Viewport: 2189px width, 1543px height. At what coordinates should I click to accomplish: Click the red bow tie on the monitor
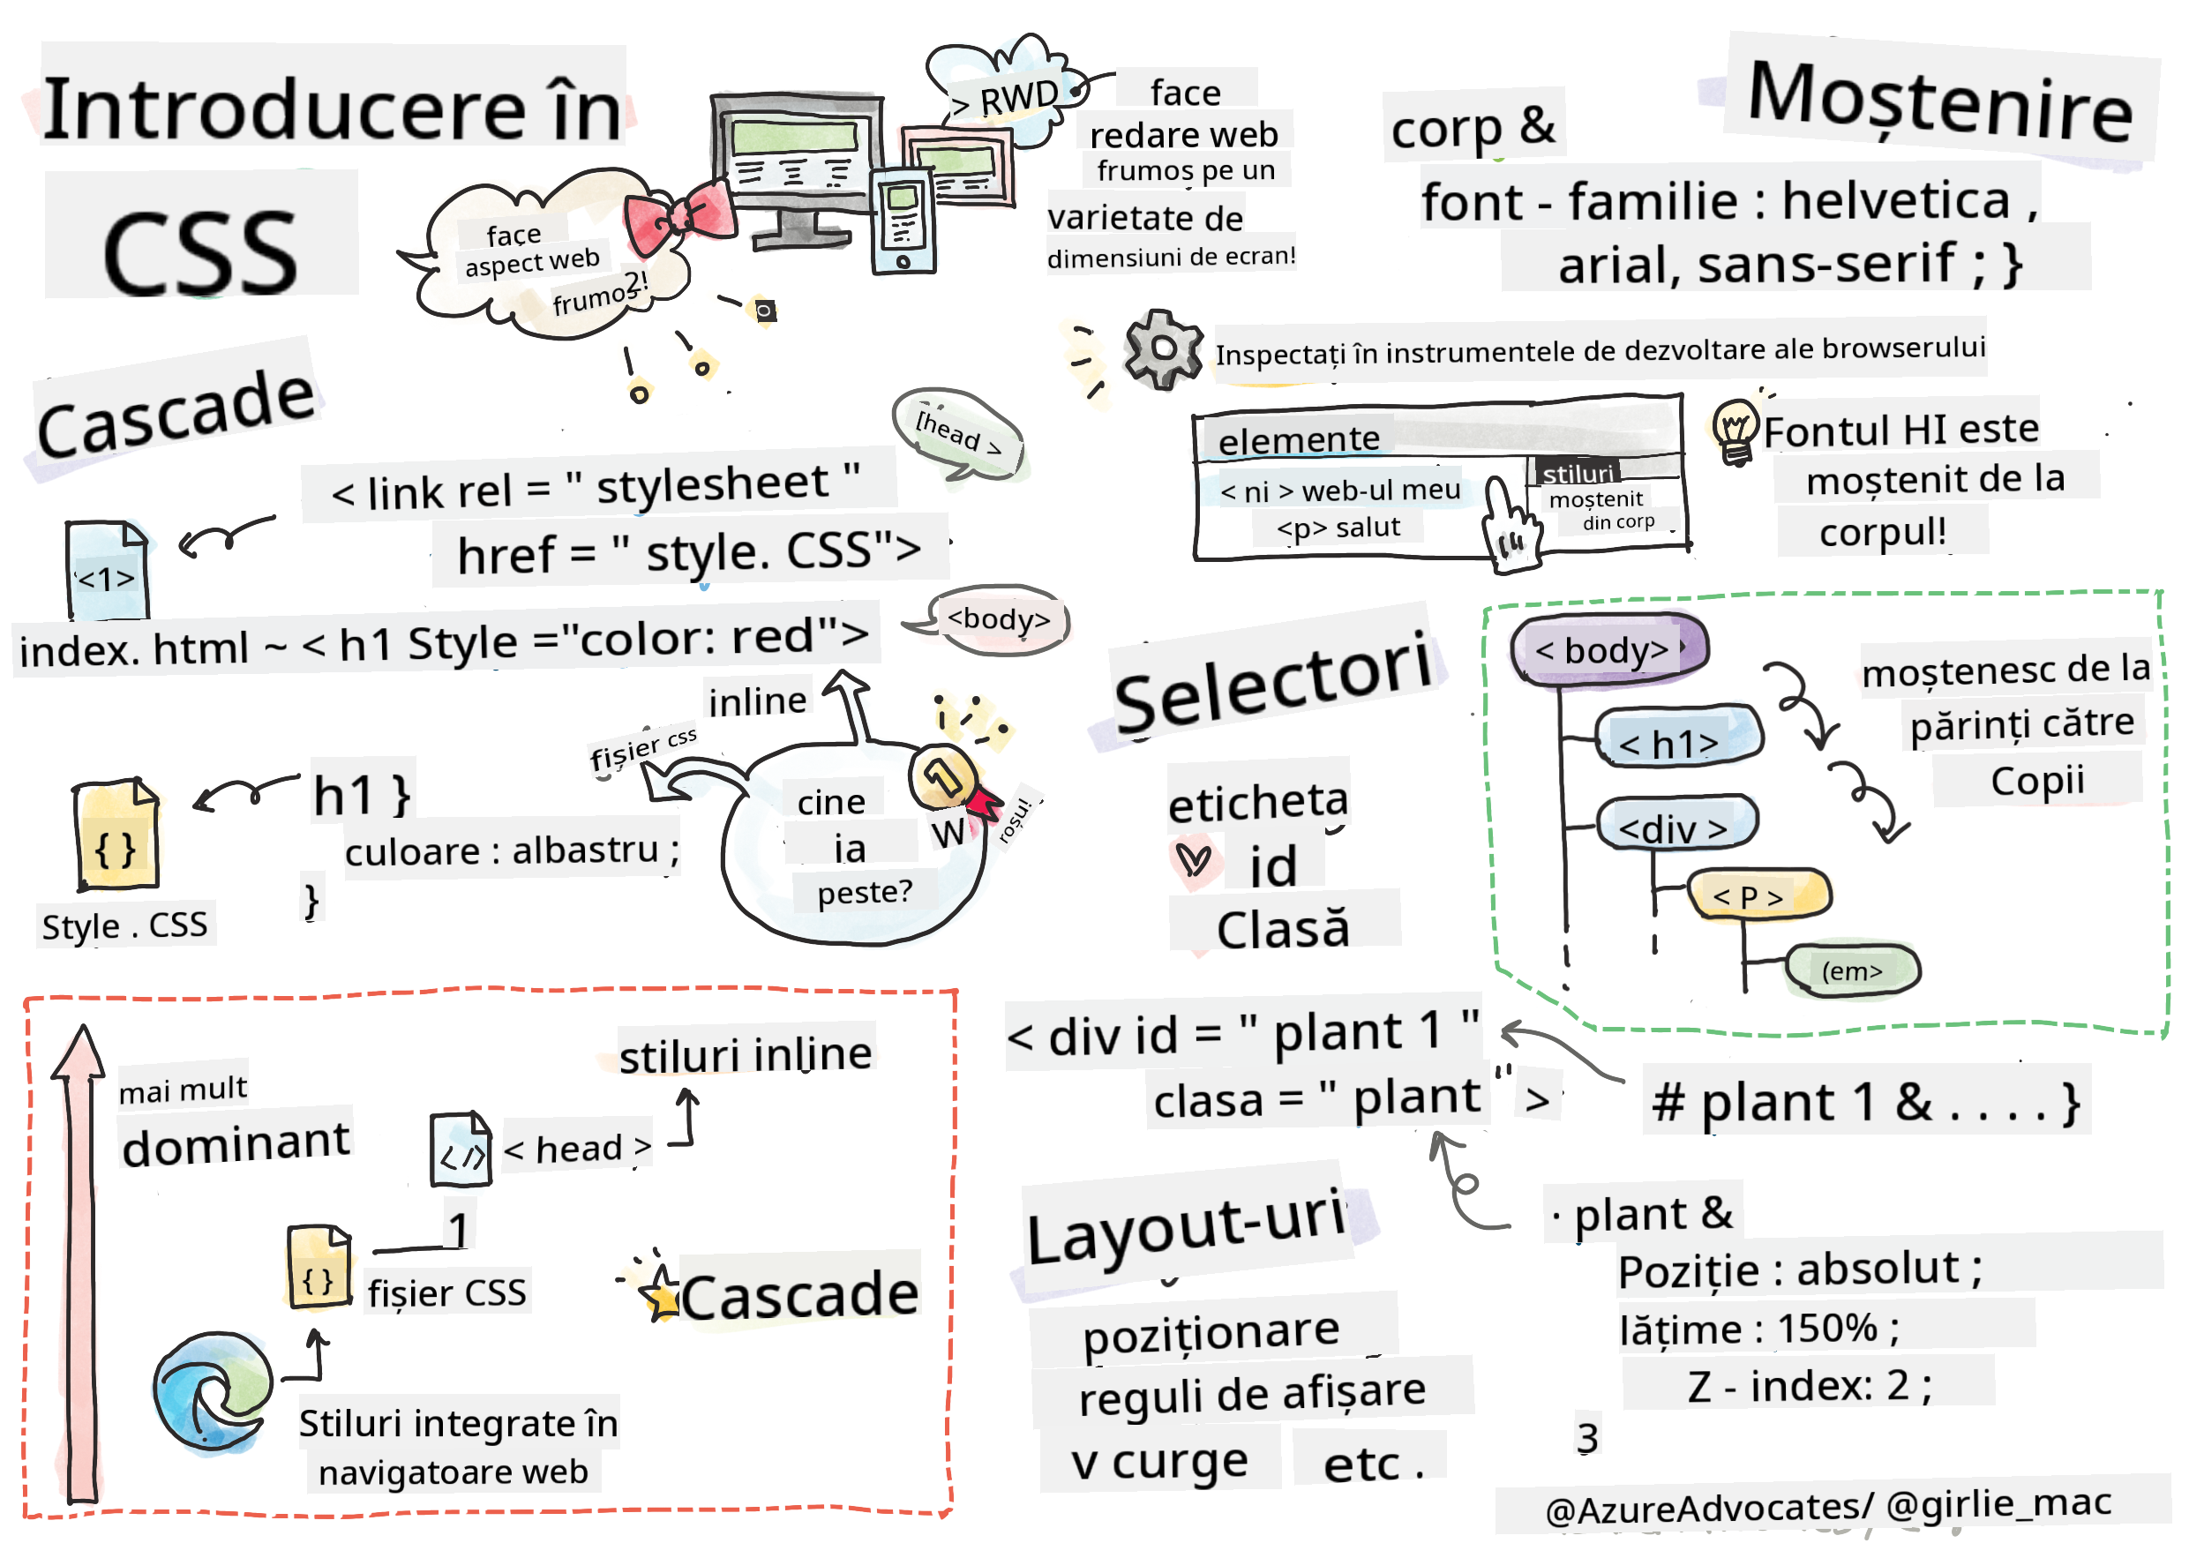681,215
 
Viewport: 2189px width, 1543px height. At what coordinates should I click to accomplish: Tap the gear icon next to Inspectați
1161,348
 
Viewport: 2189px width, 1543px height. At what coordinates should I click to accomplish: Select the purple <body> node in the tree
1608,649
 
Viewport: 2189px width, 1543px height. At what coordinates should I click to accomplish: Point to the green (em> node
1850,970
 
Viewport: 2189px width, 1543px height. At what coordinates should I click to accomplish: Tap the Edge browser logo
212,1390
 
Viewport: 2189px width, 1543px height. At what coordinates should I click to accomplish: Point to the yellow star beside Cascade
660,1294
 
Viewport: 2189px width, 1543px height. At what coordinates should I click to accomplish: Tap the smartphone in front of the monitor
902,219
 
